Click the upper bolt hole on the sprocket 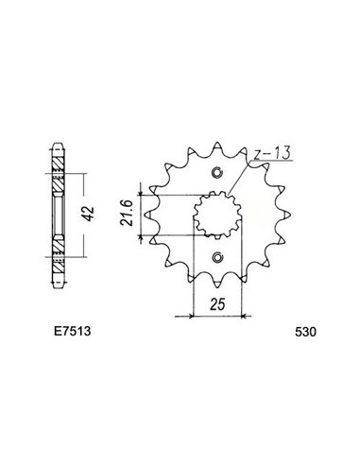[x=218, y=172]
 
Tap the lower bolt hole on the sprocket [x=218, y=259]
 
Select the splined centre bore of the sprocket [x=217, y=215]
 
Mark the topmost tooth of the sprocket [x=218, y=146]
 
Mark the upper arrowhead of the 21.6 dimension [x=144, y=191]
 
